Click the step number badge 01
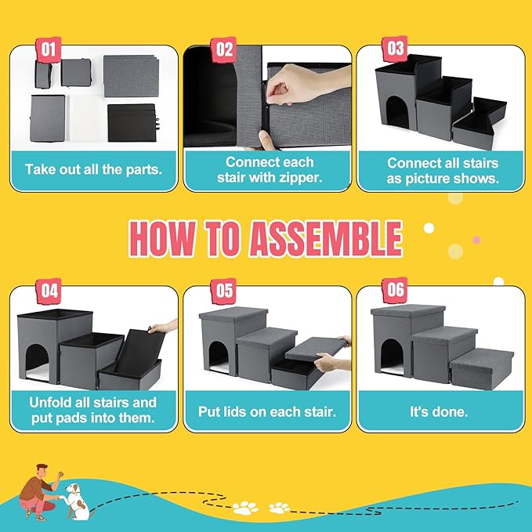click(49, 49)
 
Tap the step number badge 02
click(223, 49)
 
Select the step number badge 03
click(395, 49)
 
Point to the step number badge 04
click(49, 291)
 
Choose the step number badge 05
click(223, 291)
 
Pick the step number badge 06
click(395, 290)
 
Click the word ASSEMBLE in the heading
click(326, 238)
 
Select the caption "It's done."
click(439, 412)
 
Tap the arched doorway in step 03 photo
click(397, 111)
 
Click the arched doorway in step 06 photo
click(393, 356)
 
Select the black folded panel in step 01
click(132, 122)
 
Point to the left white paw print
click(245, 508)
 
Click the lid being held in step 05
click(316, 349)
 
